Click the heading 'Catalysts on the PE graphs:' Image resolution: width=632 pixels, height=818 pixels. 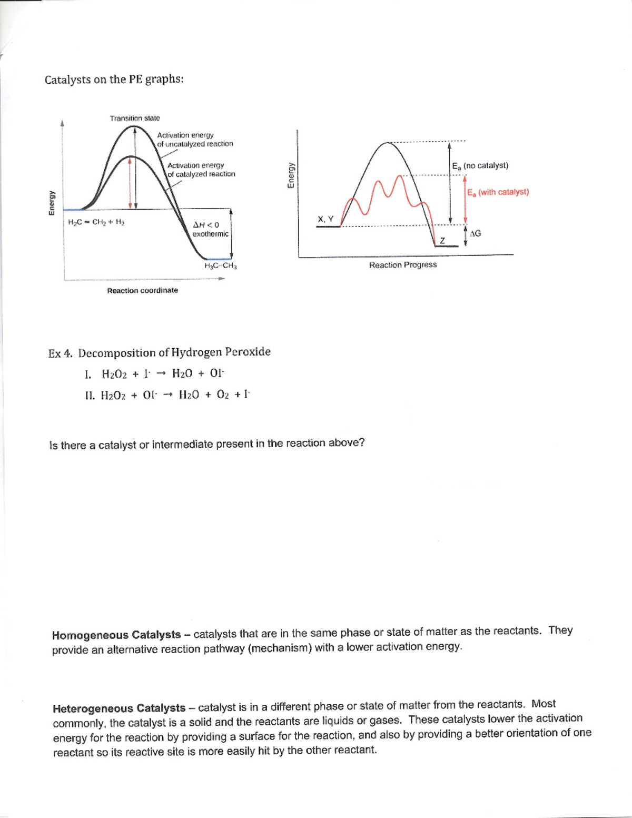pos(114,80)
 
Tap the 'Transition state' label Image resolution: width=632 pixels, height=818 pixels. pos(135,118)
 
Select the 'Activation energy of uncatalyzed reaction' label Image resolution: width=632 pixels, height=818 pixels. pos(194,140)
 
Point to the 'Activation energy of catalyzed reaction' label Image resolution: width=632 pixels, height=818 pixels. pos(201,170)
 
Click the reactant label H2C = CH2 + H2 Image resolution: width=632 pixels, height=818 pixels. pos(96,222)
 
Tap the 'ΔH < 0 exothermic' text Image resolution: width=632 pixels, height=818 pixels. pos(210,229)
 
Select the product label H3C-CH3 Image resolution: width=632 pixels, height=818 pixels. pos(220,265)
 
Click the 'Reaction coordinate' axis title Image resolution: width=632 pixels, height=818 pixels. pos(142,290)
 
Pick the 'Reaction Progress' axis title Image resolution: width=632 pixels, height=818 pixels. pos(402,265)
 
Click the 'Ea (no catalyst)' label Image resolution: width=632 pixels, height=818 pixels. pos(480,165)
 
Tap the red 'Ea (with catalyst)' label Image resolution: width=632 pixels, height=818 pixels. pos(498,192)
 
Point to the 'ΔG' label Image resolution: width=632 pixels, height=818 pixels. pos(475,233)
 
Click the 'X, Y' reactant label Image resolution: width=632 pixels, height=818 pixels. pos(325,219)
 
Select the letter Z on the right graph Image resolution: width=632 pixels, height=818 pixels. pos(442,241)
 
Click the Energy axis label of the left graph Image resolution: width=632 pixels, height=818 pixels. pos(52,202)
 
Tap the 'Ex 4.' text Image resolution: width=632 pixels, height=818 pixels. pos(60,353)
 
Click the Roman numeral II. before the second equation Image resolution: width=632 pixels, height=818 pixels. pos(90,395)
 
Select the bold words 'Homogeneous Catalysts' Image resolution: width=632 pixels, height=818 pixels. pos(116,635)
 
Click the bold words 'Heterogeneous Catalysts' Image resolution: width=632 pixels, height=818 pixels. pos(119,708)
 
